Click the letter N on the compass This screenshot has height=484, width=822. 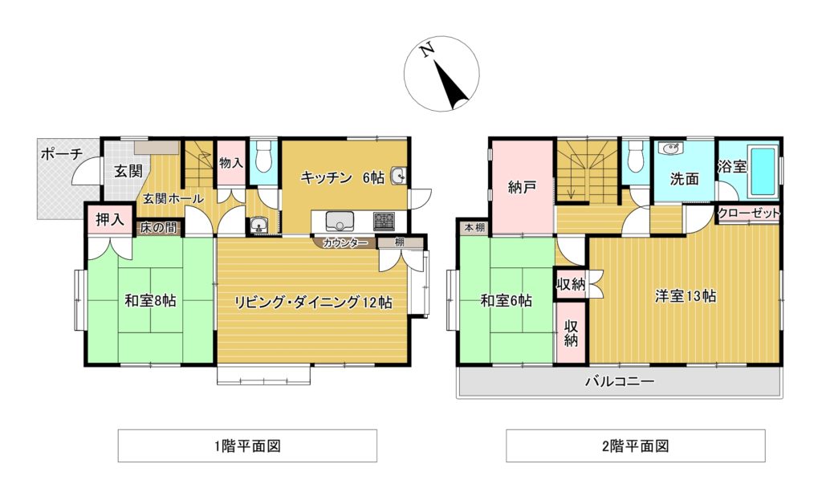click(x=428, y=50)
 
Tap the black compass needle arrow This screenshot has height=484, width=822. click(x=450, y=85)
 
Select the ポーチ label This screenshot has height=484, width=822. click(x=61, y=153)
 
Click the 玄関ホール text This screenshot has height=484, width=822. click(x=173, y=198)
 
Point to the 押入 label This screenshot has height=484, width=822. click(x=110, y=220)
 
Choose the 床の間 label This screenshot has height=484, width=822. click(x=158, y=228)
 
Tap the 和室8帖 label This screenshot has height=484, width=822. click(x=150, y=301)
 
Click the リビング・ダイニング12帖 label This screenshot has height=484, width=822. click(x=312, y=302)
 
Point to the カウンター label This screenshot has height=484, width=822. click(x=344, y=242)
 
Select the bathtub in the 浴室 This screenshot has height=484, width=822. click(x=763, y=171)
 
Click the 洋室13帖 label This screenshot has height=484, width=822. click(x=685, y=295)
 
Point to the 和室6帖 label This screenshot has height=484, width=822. click(x=506, y=301)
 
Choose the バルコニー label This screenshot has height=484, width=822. click(x=619, y=381)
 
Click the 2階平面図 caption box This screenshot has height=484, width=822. click(x=635, y=445)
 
